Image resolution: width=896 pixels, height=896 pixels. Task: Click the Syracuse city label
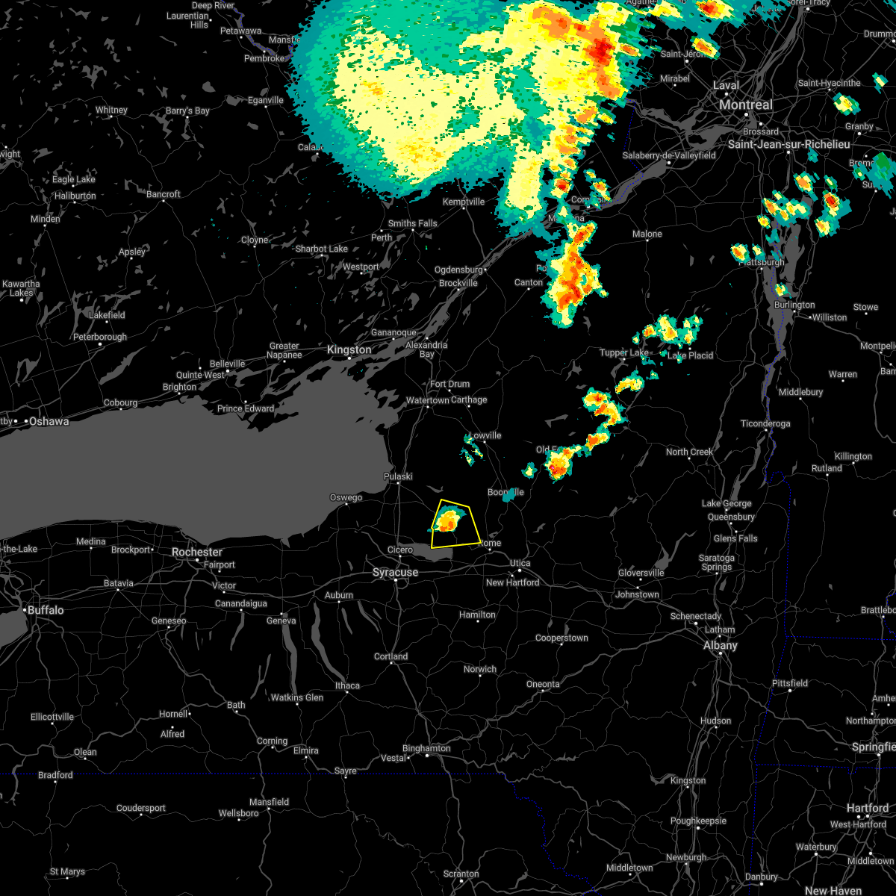pyautogui.click(x=396, y=573)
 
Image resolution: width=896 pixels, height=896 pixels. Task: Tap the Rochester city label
pyautogui.click(x=197, y=552)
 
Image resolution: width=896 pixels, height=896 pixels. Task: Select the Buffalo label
pyautogui.click(x=46, y=610)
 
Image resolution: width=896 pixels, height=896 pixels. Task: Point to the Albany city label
pyautogui.click(x=721, y=645)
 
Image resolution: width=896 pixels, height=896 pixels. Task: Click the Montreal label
pyautogui.click(x=746, y=105)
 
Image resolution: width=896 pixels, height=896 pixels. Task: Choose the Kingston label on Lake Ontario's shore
pyautogui.click(x=349, y=349)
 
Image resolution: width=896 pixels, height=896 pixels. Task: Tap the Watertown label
pyautogui.click(x=428, y=400)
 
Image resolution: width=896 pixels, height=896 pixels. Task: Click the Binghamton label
pyautogui.click(x=426, y=748)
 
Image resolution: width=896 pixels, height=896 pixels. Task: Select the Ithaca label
pyautogui.click(x=347, y=685)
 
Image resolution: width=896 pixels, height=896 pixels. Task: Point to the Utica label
pyautogui.click(x=520, y=563)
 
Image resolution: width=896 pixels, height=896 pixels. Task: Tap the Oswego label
pyautogui.click(x=346, y=497)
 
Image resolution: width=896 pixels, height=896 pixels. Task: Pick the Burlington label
pyautogui.click(x=794, y=305)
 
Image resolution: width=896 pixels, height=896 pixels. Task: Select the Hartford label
pyautogui.click(x=868, y=808)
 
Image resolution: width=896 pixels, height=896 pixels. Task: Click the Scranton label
pyautogui.click(x=461, y=874)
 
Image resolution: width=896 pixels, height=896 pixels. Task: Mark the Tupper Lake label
pyautogui.click(x=624, y=352)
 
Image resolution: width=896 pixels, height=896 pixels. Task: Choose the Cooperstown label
pyautogui.click(x=561, y=638)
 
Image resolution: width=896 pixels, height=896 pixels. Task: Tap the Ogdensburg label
pyautogui.click(x=458, y=270)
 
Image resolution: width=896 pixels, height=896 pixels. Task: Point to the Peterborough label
pyautogui.click(x=99, y=337)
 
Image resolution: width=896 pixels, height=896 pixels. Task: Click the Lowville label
pyautogui.click(x=485, y=435)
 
